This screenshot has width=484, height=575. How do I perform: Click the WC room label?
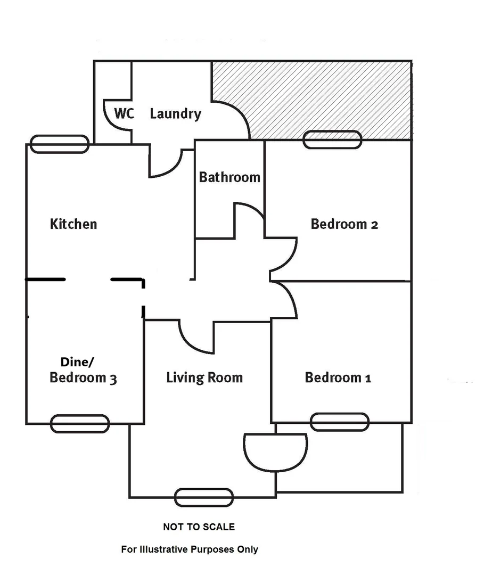(124, 113)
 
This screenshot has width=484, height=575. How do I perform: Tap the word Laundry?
(175, 113)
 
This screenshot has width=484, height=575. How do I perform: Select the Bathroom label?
(229, 177)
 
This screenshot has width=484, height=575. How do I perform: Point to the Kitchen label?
(73, 224)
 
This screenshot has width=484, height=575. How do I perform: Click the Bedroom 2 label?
(344, 224)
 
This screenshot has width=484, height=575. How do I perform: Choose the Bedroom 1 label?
(338, 378)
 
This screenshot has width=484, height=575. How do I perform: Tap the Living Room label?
(204, 378)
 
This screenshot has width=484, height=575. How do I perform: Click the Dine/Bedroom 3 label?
(83, 371)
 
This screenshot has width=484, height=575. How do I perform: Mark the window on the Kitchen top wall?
(59, 144)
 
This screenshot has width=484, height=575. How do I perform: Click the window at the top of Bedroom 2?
(332, 140)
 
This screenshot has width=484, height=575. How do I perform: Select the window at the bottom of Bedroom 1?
(340, 422)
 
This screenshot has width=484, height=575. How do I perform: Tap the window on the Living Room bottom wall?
(204, 497)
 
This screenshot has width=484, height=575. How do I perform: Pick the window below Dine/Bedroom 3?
(80, 424)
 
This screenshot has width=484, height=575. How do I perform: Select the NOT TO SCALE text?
(199, 527)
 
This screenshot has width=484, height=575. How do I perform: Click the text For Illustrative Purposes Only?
(190, 549)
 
